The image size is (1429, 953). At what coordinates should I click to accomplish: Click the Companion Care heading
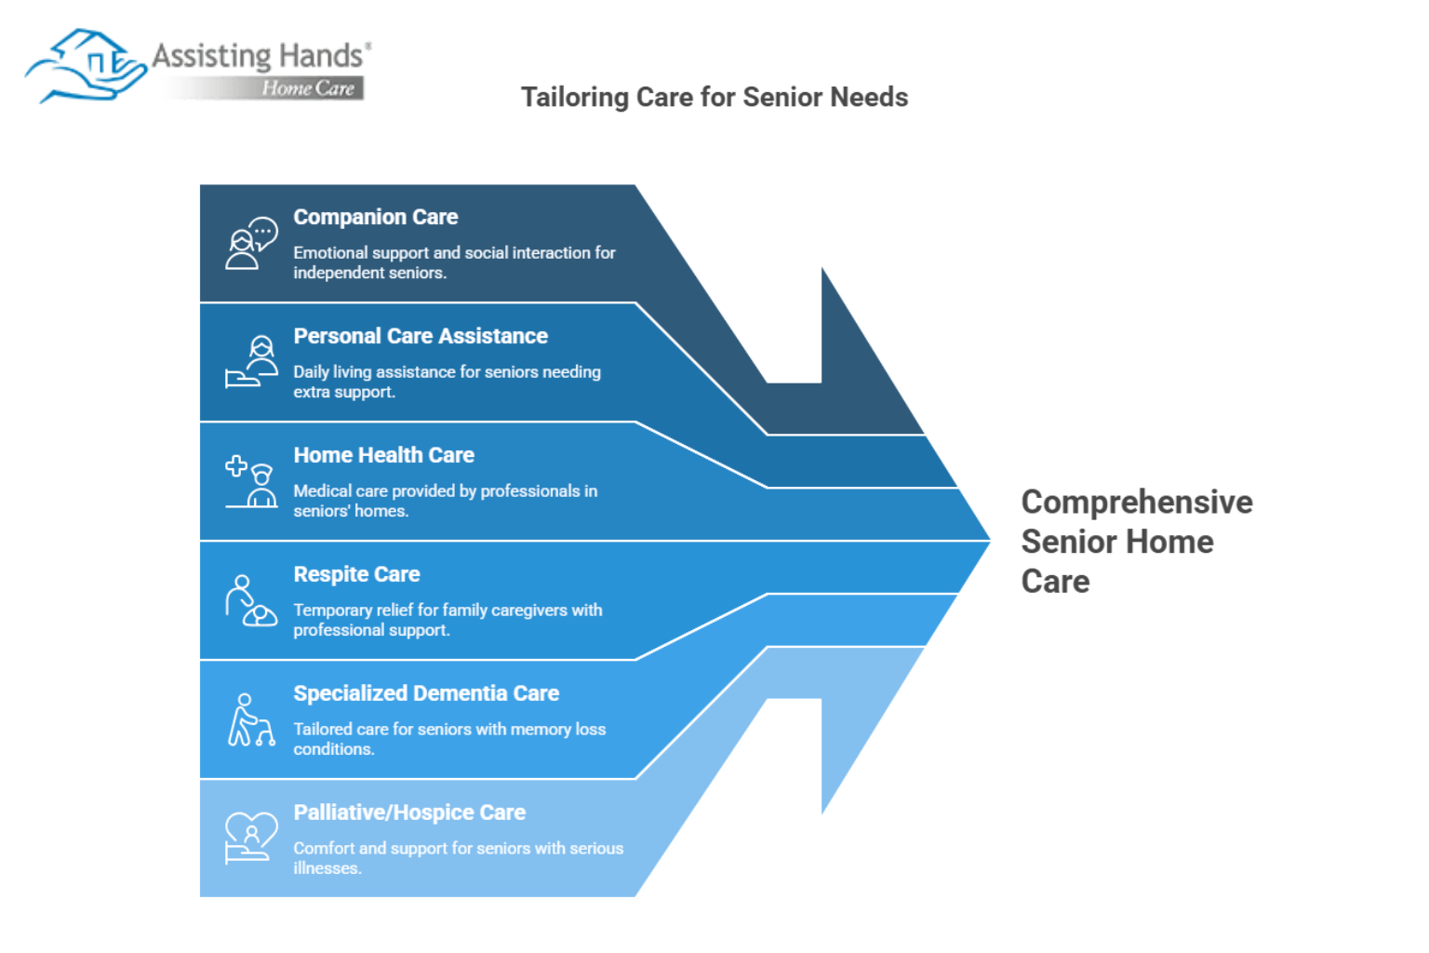[376, 217]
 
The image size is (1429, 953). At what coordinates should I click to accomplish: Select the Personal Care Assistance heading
[421, 336]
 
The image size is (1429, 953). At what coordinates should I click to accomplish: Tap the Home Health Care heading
[384, 455]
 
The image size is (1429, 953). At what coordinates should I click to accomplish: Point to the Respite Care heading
[356, 574]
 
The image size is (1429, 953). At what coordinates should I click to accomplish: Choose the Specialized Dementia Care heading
[426, 693]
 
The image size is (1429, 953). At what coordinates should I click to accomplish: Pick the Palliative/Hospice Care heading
[409, 812]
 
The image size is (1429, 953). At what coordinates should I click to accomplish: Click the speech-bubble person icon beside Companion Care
[251, 243]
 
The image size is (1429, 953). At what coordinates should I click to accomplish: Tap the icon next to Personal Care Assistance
[251, 362]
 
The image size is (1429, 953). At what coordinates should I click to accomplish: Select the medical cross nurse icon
[251, 481]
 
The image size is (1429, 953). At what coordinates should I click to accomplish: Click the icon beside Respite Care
[251, 600]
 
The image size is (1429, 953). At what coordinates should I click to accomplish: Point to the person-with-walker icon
[251, 719]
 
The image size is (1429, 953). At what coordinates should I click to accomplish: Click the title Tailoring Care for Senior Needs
[714, 98]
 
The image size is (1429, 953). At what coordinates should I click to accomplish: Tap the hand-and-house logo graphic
[86, 66]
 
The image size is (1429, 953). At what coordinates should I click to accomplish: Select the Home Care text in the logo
[308, 88]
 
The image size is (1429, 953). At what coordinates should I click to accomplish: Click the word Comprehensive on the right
[1137, 503]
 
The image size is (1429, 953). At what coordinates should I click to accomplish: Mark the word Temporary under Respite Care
[332, 611]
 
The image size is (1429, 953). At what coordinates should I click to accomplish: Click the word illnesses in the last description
[327, 868]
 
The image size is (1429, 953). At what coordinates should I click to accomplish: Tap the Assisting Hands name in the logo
[258, 56]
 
